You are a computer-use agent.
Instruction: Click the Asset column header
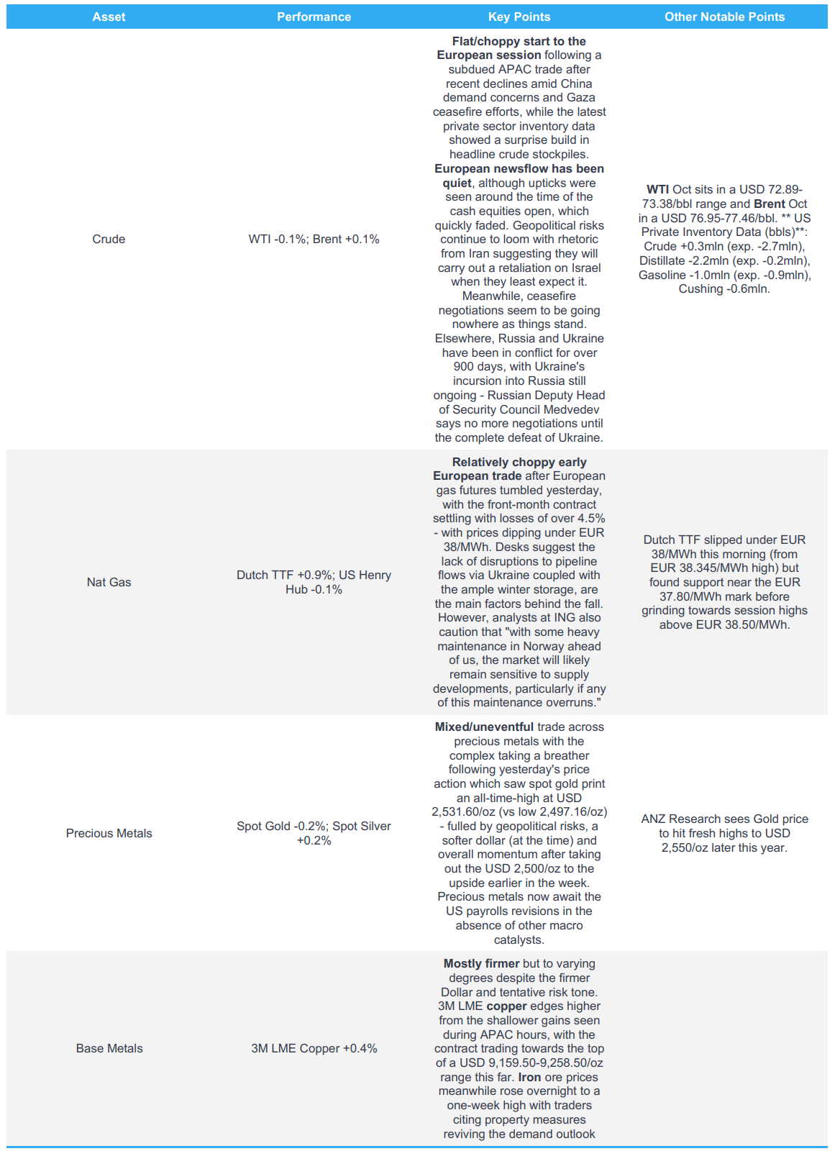pos(109,17)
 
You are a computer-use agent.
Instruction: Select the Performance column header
pos(314,17)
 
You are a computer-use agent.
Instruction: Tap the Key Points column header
pos(519,17)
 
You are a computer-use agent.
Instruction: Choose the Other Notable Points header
pos(724,17)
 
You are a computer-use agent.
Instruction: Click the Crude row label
pos(109,239)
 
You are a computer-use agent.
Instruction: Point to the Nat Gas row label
pos(109,582)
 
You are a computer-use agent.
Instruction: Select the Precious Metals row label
pos(109,833)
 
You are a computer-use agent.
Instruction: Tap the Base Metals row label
pos(109,1048)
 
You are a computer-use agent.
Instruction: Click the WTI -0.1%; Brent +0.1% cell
pos(314,239)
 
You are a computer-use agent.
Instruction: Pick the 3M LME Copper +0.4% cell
pos(314,1048)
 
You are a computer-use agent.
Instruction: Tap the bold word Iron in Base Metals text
pos(529,1077)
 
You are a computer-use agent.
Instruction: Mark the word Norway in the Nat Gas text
pos(544,646)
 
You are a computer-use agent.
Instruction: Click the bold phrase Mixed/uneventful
pos(484,727)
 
